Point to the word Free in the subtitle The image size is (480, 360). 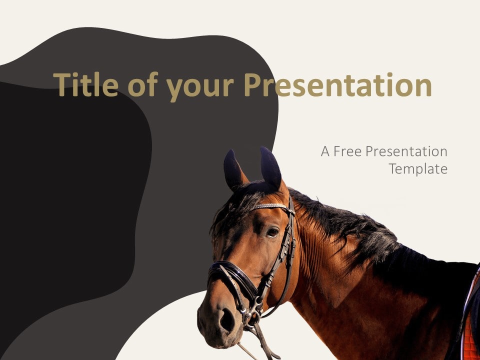coord(347,151)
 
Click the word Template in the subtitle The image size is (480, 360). coord(418,168)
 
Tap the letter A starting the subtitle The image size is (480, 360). coord(325,151)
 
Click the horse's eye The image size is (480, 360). coord(272,232)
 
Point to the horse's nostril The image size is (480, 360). coord(227,320)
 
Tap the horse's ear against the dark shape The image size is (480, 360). coord(234,170)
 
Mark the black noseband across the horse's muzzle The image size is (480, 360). coord(232,275)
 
